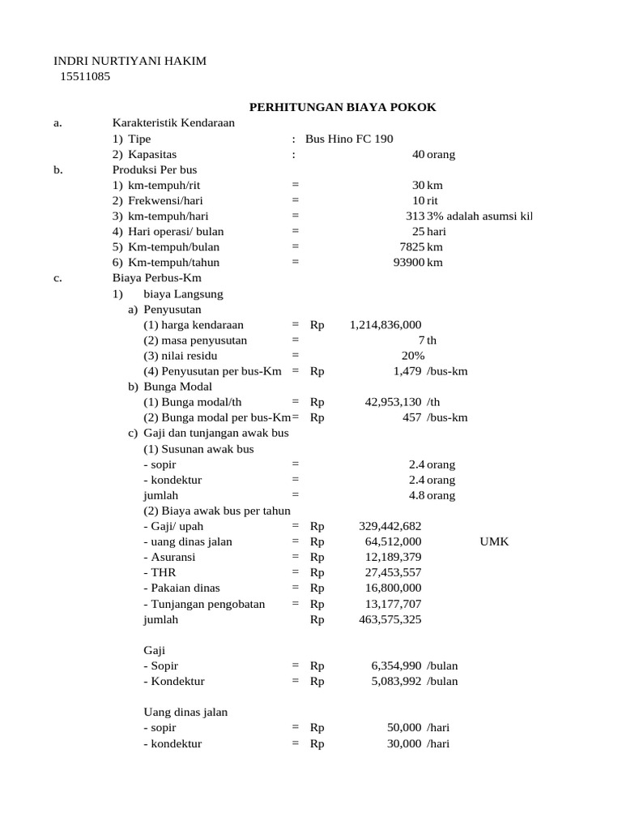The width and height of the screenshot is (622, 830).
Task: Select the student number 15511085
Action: [85, 77]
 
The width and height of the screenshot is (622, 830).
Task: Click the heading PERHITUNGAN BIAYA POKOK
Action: [342, 108]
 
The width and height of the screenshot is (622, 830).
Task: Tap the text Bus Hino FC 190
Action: [349, 139]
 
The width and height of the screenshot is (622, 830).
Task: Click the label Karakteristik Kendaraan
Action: [173, 123]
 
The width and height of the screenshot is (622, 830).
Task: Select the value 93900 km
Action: [417, 262]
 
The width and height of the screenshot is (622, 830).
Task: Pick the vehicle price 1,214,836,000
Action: [386, 324]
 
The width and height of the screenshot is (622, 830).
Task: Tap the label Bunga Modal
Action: [175, 387]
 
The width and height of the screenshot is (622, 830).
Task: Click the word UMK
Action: [494, 541]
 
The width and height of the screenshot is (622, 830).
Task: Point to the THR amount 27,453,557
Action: [393, 572]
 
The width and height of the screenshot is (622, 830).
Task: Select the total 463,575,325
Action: [390, 619]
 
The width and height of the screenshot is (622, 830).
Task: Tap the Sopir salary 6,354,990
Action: [396, 665]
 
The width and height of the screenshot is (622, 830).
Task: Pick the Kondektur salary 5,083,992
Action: [396, 681]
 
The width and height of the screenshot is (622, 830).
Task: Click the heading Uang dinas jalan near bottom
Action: [185, 712]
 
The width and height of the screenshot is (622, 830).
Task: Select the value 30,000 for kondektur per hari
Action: [404, 743]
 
